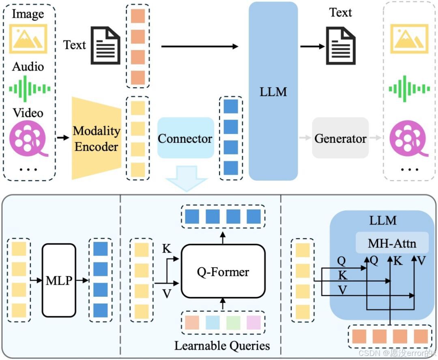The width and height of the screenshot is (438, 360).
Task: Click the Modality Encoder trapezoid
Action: [x=97, y=138]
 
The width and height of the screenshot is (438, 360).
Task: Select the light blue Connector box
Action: [x=185, y=138]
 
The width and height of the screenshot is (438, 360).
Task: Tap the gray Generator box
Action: [x=340, y=138]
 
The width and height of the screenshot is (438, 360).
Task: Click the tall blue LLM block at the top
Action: [x=273, y=91]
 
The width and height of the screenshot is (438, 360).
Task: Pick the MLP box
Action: [x=59, y=280]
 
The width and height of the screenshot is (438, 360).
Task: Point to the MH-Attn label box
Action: [x=392, y=243]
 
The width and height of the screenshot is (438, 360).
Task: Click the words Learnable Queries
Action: [x=222, y=346]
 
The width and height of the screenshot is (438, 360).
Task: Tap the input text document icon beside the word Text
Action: [x=105, y=45]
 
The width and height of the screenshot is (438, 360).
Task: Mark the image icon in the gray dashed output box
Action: [x=409, y=39]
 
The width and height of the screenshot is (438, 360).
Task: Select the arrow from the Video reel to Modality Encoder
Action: [x=62, y=138]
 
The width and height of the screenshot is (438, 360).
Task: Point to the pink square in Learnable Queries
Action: [x=253, y=323]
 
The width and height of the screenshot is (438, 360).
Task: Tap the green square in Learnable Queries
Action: [x=233, y=323]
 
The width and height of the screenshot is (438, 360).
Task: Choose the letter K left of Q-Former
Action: [x=166, y=249]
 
